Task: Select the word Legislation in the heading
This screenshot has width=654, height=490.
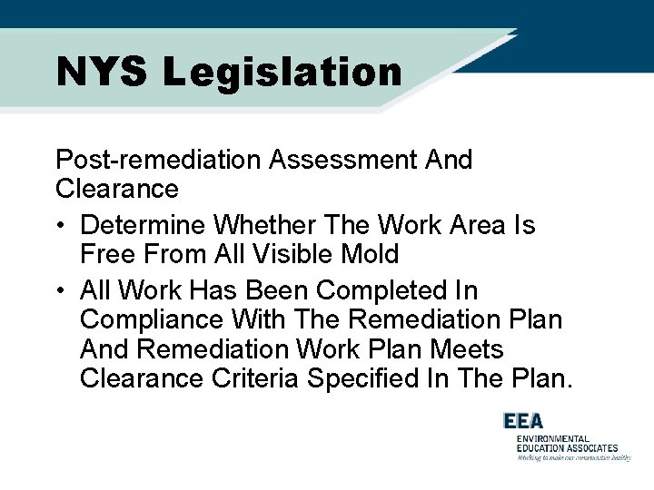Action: point(282,73)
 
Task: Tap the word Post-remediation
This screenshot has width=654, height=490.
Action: point(160,161)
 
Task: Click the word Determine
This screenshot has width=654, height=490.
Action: point(144,224)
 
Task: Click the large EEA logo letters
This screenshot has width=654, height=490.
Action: point(523,422)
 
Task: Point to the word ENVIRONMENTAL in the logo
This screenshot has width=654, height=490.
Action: point(553,439)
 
